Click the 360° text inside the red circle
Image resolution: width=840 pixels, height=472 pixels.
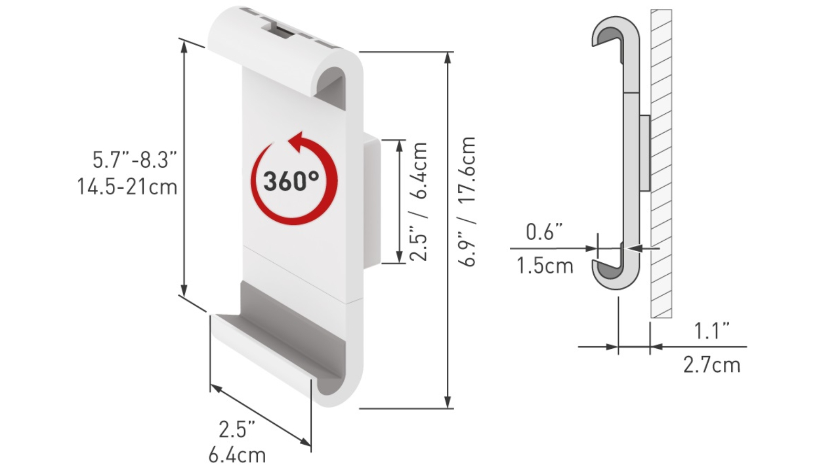pyautogui.click(x=291, y=181)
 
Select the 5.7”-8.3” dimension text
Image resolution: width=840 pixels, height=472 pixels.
pyautogui.click(x=135, y=159)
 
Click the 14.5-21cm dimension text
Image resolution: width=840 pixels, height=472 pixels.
pyautogui.click(x=128, y=187)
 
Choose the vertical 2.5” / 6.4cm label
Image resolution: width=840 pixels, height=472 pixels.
pyautogui.click(x=419, y=202)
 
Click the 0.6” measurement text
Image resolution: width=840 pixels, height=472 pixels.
pyautogui.click(x=544, y=232)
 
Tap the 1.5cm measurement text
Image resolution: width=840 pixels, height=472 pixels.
pyautogui.click(x=545, y=266)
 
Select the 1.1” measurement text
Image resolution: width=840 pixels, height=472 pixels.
pyautogui.click(x=711, y=331)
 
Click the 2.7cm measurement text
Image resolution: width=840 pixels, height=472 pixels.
pyautogui.click(x=711, y=365)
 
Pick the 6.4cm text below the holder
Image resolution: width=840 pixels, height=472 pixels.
pyautogui.click(x=237, y=455)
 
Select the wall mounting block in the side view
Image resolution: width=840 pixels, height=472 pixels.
pyautogui.click(x=645, y=152)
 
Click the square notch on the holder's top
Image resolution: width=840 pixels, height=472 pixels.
pyautogui.click(x=281, y=31)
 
